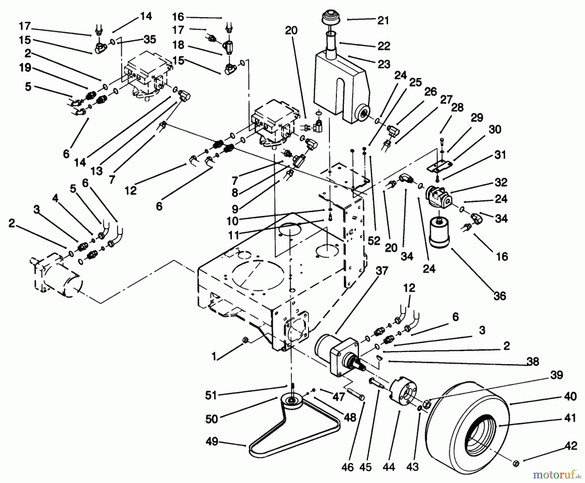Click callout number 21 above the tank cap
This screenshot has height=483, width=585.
pos(383,20)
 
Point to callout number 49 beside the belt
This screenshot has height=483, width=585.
pos(212,442)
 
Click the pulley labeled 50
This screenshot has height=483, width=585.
pos(292,399)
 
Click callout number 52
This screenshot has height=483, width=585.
pos(374,241)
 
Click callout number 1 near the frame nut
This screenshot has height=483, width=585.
pos(214,357)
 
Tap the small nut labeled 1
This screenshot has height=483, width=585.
pos(246,340)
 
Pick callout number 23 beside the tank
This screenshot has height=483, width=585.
pos(383,64)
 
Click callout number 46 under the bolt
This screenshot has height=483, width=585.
pos(347,467)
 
